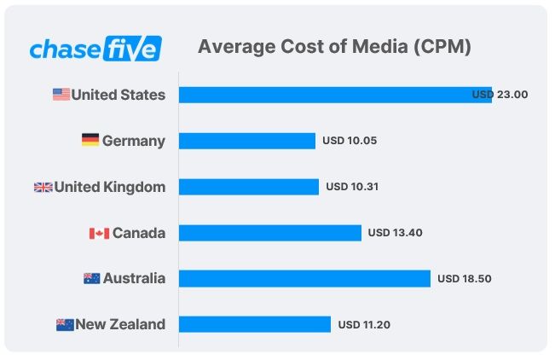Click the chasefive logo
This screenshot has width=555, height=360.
95,48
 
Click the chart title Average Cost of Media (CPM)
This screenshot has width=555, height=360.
334,47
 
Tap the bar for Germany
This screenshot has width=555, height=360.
246,141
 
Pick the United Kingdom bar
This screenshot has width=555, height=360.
248,187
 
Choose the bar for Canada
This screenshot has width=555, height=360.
269,233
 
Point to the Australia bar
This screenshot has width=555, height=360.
304,279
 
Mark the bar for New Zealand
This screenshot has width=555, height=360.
254,325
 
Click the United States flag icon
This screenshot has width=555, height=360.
61,95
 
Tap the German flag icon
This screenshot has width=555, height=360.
90,141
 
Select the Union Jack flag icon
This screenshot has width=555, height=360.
43,187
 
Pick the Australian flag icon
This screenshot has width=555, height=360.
92,279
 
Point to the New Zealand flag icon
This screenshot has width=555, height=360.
65,325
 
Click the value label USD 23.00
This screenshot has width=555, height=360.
500,95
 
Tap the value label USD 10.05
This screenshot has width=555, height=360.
350,141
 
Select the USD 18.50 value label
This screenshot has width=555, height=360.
465,279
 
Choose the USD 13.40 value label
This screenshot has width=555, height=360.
396,233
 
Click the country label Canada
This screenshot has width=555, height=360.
139,233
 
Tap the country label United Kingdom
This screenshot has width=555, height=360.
110,187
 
